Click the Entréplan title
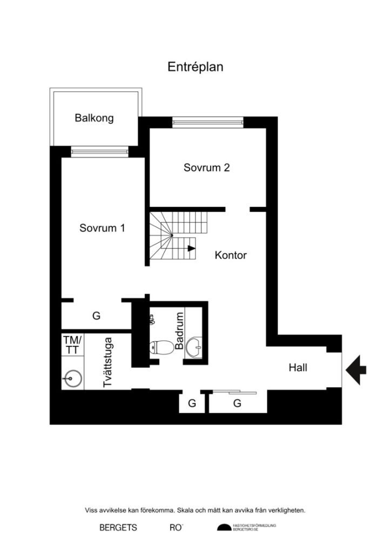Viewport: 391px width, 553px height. [195, 67]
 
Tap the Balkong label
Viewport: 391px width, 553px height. [94, 118]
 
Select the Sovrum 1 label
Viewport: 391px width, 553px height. [102, 228]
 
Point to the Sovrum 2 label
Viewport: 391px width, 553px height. [206, 167]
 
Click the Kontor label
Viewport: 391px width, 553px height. [231, 255]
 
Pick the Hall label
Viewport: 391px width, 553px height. [298, 368]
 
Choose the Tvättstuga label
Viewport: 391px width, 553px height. [107, 362]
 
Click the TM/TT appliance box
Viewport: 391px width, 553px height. [72, 345]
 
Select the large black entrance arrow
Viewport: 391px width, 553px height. [356, 369]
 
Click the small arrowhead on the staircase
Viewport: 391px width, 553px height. [191, 249]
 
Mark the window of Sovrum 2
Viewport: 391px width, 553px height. [208, 123]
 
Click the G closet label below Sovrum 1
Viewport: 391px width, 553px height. [96, 316]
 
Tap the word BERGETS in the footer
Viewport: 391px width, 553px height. [118, 528]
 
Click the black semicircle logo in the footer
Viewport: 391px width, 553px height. [223, 528]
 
